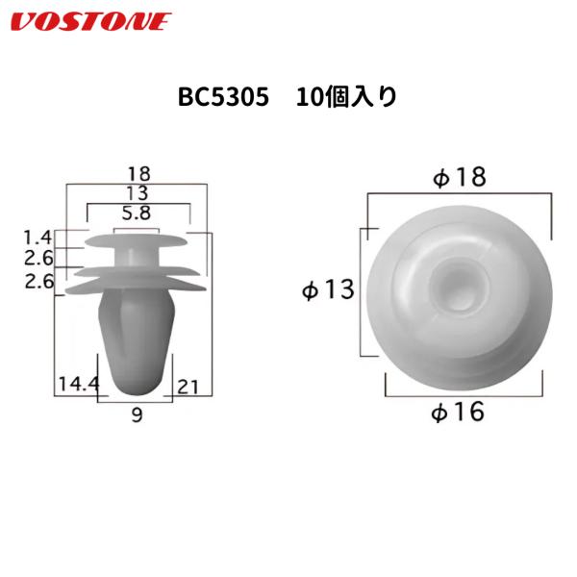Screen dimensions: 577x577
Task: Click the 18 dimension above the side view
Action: [x=139, y=174]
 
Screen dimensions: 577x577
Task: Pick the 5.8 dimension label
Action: [x=136, y=213]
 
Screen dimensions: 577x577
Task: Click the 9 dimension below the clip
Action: [x=136, y=414]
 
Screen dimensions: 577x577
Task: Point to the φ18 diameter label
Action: [x=460, y=178]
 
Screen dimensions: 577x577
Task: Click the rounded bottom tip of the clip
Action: [x=136, y=384]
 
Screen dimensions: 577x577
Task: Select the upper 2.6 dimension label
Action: [x=39, y=259]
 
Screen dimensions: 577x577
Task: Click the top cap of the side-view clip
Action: [x=136, y=238]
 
